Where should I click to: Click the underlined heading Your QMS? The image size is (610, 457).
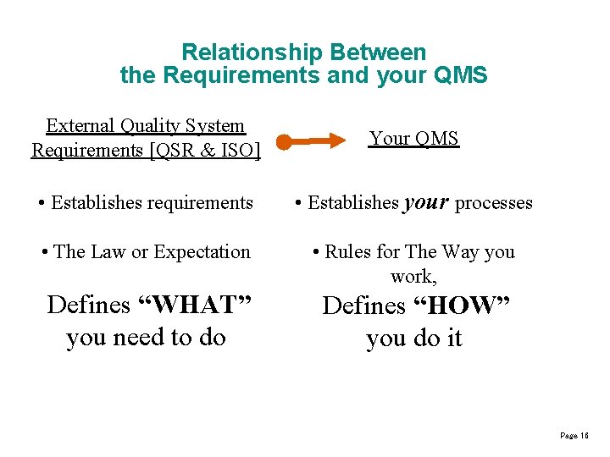point(413,139)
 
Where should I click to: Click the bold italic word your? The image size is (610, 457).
point(426,202)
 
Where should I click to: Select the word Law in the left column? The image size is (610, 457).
point(108,252)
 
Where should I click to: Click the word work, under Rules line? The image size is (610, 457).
point(413,277)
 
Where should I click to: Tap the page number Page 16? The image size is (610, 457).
point(574,435)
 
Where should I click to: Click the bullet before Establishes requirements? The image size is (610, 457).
point(42,203)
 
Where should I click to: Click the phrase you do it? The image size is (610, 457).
point(413,339)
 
